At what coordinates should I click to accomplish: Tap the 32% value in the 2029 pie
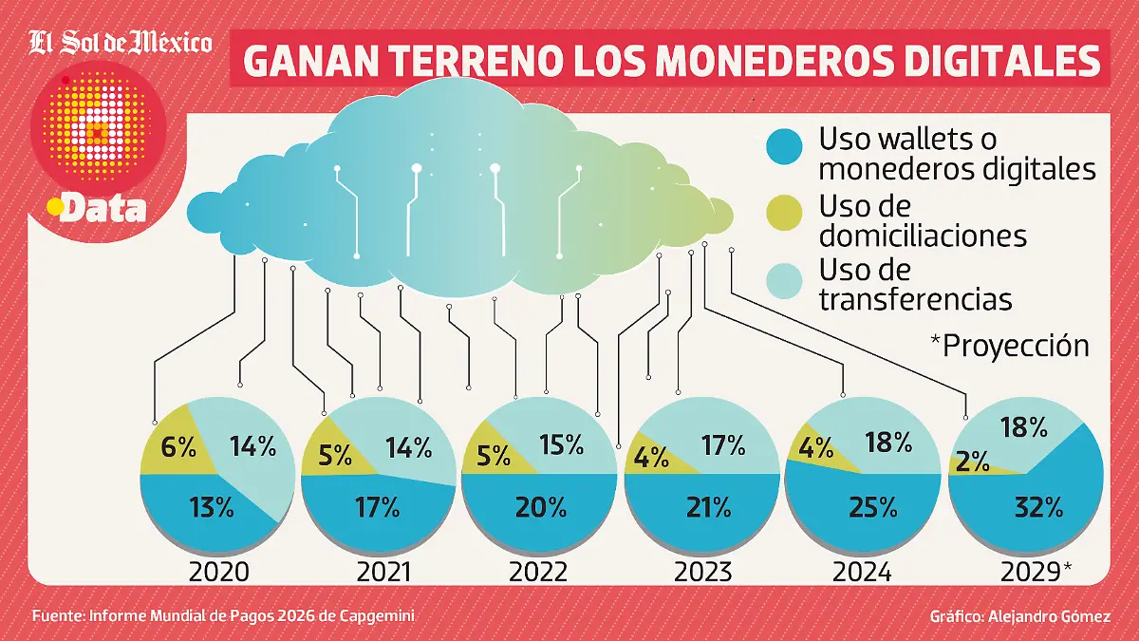pyautogui.click(x=1038, y=507)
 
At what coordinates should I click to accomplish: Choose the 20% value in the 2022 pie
pyautogui.click(x=538, y=507)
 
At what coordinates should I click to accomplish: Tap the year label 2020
pyautogui.click(x=218, y=572)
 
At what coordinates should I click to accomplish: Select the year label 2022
pyautogui.click(x=538, y=572)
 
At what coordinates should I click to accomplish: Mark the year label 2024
pyautogui.click(x=861, y=572)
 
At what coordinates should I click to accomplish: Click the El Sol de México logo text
pyautogui.click(x=121, y=42)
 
